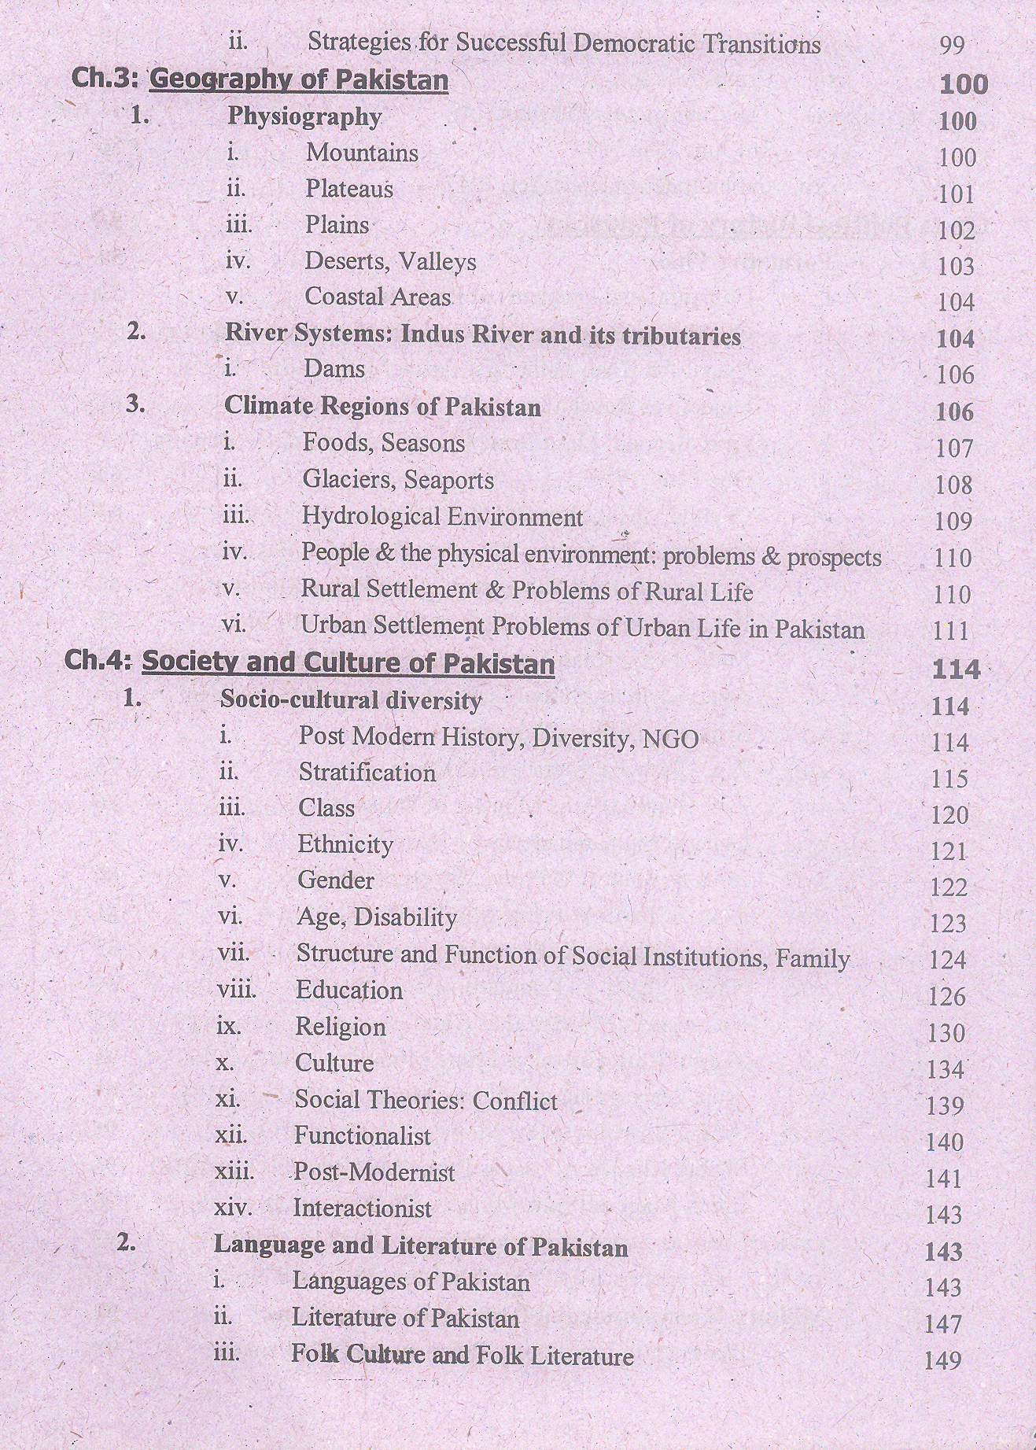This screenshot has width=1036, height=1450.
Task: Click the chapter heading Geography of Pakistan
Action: click(298, 79)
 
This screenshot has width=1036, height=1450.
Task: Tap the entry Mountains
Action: click(362, 153)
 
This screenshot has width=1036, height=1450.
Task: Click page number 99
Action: click(952, 46)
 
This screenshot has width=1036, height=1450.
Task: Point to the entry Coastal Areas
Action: click(378, 297)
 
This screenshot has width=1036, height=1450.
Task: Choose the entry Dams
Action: click(334, 369)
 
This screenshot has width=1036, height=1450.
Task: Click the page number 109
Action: click(953, 521)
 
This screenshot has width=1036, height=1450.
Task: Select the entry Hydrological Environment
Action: click(442, 517)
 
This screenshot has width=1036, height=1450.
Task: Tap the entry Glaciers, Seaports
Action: click(398, 480)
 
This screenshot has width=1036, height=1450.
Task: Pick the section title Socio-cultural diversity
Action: click(351, 700)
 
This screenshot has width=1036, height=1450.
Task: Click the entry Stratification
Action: click(367, 773)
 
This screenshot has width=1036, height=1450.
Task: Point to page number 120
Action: click(949, 815)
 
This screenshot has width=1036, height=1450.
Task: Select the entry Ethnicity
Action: click(345, 845)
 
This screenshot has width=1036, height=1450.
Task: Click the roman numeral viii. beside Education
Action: click(236, 990)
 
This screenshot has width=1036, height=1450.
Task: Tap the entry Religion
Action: click(340, 1027)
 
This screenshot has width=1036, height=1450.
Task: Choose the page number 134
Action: click(946, 1070)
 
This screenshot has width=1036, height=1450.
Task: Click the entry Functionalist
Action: click(362, 1136)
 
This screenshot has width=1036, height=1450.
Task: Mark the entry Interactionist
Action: click(362, 1208)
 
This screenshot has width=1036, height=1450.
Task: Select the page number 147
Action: click(943, 1324)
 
